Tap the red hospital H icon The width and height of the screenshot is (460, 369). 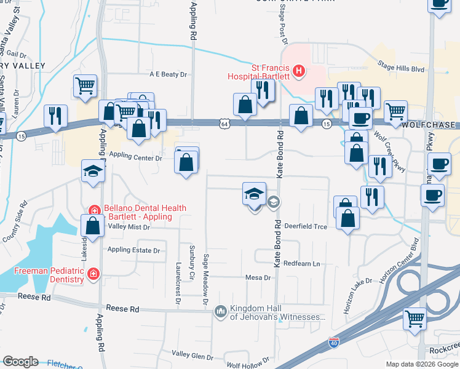pyautogui.click(x=298, y=71)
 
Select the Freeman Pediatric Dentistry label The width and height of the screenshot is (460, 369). pyautogui.click(x=49, y=275)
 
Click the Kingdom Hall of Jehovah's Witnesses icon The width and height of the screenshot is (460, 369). pyautogui.click(x=221, y=312)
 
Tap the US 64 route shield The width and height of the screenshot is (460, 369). pyautogui.click(x=226, y=124)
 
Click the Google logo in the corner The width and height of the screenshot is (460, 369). pyautogui.click(x=20, y=362)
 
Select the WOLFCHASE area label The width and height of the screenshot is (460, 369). pyautogui.click(x=431, y=125)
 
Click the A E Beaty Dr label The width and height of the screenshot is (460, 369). pyautogui.click(x=167, y=74)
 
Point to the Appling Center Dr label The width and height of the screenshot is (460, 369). pyautogui.click(x=135, y=158)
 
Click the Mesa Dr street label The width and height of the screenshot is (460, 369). pyautogui.click(x=258, y=278)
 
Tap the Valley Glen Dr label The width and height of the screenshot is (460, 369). pyautogui.click(x=191, y=354)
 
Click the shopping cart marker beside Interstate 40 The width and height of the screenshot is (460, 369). pyautogui.click(x=415, y=319)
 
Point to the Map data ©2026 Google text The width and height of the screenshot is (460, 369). pyautogui.click(x=422, y=364)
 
